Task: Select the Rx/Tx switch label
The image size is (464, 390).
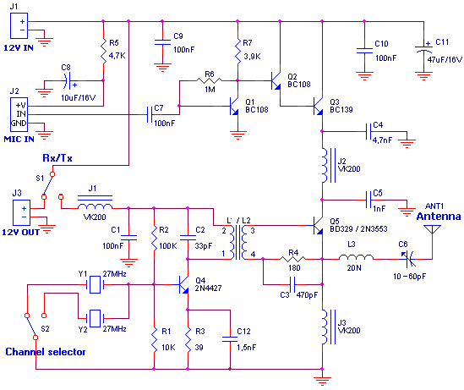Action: click(57, 157)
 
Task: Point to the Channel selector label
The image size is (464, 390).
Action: click(46, 352)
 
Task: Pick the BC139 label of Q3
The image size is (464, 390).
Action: click(342, 110)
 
